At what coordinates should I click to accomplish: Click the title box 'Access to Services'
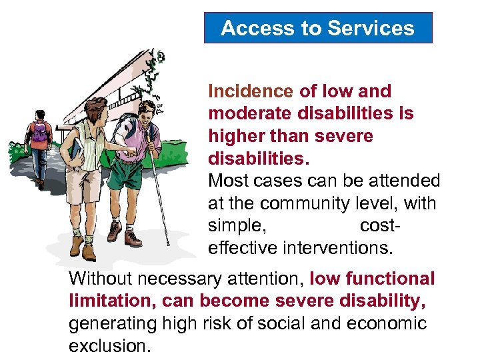tap(317, 28)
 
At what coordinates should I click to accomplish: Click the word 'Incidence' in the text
tap(251, 91)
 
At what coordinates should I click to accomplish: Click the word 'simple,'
tap(237, 226)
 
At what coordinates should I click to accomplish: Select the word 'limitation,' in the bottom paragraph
tap(109, 301)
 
